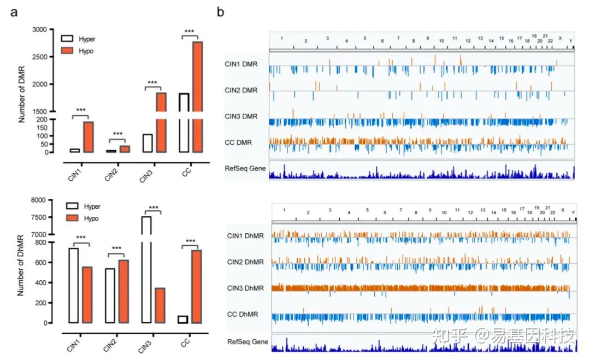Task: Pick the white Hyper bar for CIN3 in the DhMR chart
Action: coord(146,273)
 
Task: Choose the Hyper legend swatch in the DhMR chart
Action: coord(73,206)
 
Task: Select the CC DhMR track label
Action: coord(243,314)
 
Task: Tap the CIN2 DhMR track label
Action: coord(245,262)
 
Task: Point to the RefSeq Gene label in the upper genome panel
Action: coord(245,168)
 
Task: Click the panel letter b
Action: coord(220,11)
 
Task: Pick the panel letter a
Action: coord(15,11)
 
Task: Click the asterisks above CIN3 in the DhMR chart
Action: coord(154,208)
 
